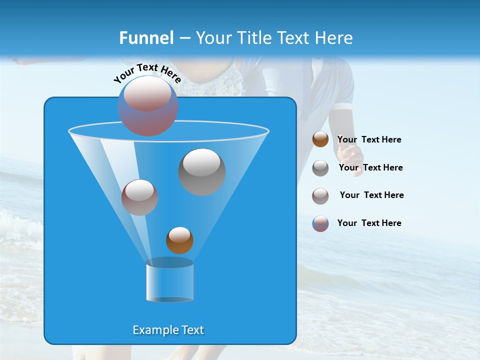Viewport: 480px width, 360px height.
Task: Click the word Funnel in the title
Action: coord(146,38)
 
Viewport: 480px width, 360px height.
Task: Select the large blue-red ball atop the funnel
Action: coord(147,105)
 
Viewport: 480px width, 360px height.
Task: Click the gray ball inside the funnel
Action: coord(202,171)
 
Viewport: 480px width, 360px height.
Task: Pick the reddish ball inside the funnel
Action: coord(139,197)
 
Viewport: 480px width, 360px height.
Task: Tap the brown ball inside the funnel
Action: coord(179,240)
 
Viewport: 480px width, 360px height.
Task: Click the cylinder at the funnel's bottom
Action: coord(169,281)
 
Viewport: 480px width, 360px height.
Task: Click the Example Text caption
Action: coord(168,330)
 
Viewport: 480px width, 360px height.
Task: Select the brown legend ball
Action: coord(320,139)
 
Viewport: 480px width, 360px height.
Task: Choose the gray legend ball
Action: coord(320,168)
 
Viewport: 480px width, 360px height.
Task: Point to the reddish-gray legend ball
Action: coord(320,195)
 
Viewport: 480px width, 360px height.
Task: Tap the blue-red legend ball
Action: coord(320,223)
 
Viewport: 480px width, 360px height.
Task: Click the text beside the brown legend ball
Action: coord(369,139)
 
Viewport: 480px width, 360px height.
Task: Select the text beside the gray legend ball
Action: coord(370,167)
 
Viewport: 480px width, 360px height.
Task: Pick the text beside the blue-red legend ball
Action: coord(369,223)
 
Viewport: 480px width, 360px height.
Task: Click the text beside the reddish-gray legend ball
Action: coord(371,195)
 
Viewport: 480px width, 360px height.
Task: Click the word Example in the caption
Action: coord(151,330)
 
